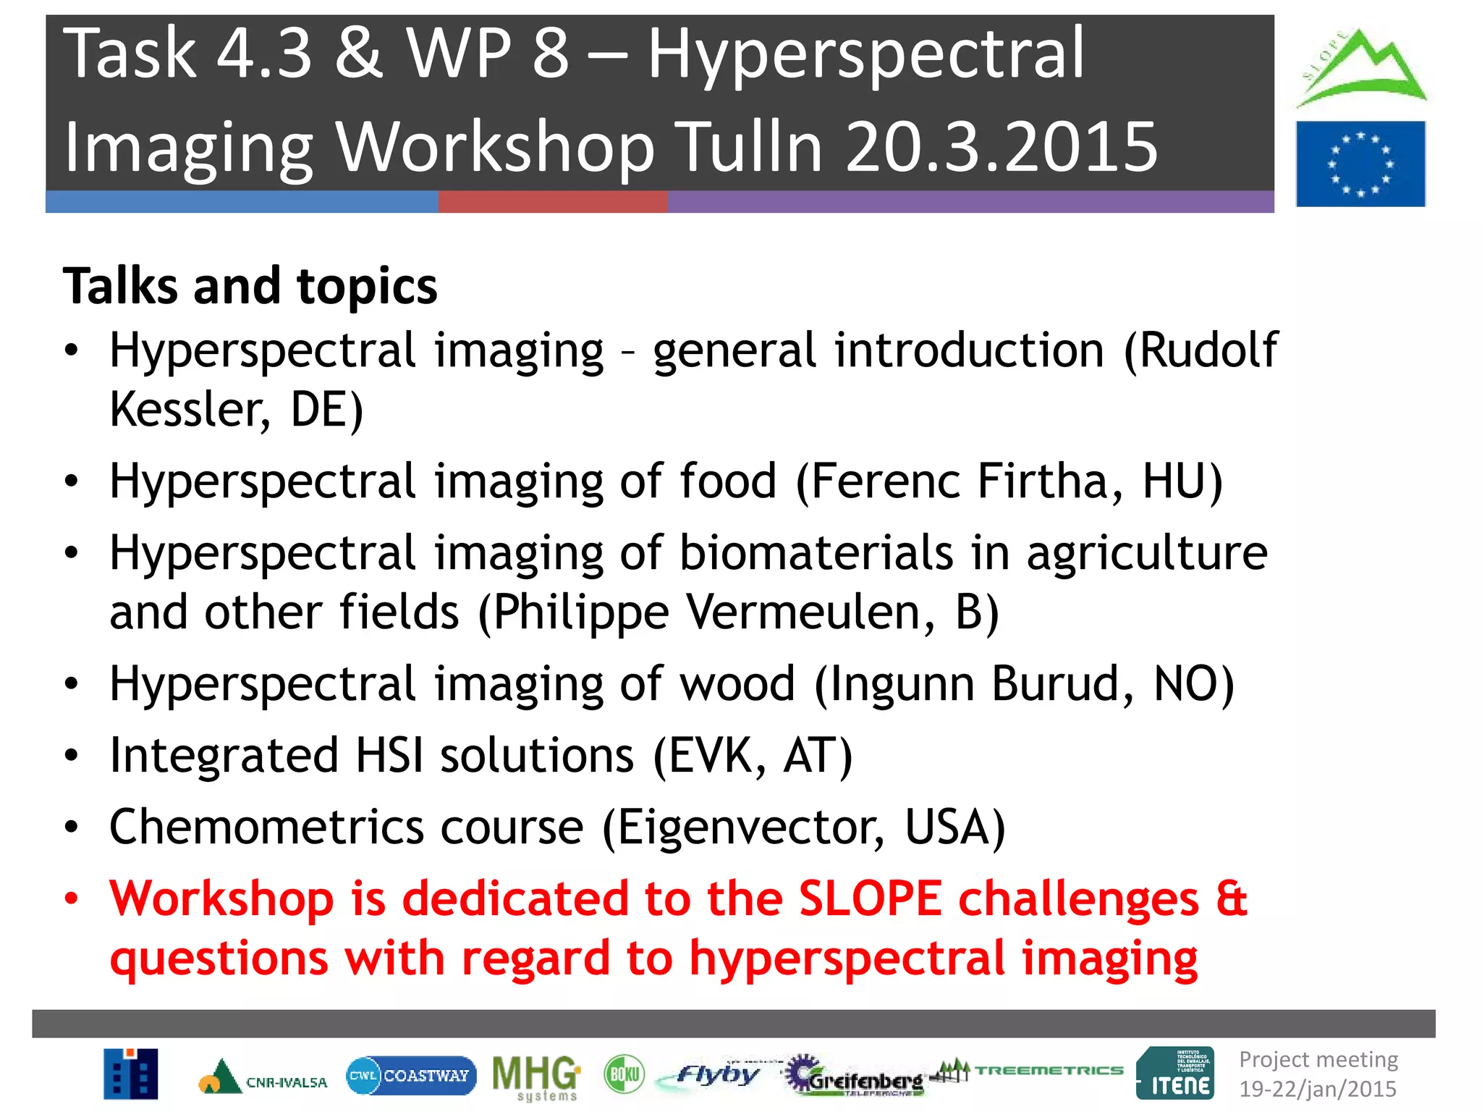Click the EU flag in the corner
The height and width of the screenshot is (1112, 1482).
coord(1360,164)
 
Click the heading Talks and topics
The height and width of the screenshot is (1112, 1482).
coord(250,286)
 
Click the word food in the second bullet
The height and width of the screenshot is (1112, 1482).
coord(728,481)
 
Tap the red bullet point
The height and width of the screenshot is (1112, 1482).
coord(71,899)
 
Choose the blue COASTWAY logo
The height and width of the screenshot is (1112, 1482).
coord(411,1075)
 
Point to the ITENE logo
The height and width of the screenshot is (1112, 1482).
coord(1175,1074)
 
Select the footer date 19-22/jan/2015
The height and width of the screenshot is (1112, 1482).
coord(1317,1089)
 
